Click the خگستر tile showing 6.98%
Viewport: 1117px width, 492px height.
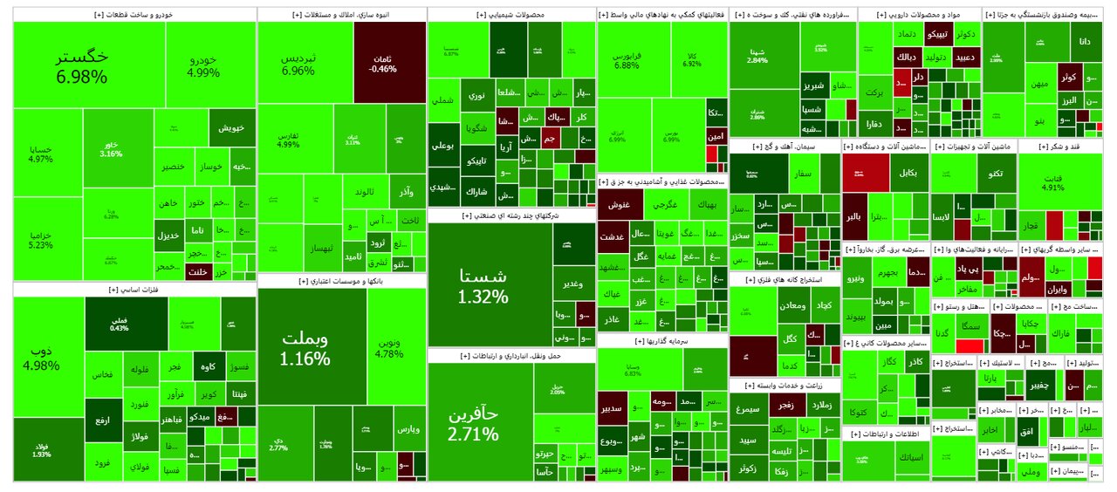coord(82,66)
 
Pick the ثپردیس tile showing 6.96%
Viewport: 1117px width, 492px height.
coord(298,64)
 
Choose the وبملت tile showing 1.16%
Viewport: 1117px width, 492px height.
coord(305,346)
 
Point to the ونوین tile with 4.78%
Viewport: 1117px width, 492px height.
coord(388,347)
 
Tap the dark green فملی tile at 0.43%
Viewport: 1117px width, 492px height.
coord(120,323)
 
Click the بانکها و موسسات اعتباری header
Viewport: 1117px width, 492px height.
coord(342,281)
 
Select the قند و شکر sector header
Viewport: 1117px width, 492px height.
coord(1060,147)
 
